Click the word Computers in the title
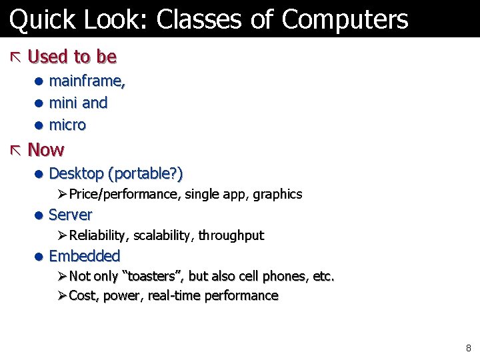point(345,20)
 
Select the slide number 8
point(469,348)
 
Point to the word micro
point(67,125)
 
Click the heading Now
point(46,149)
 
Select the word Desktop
point(77,174)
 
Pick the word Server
point(71,215)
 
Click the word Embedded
point(85,256)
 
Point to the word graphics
point(277,195)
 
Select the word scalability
point(162,235)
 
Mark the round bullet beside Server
point(39,215)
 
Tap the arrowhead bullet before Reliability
point(61,235)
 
